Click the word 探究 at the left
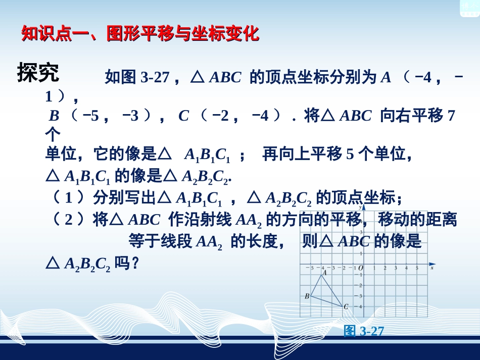(x=38, y=73)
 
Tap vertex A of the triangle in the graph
(x=321, y=276)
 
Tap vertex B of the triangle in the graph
(x=310, y=296)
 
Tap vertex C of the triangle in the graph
(x=342, y=306)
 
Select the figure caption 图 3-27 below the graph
(x=364, y=331)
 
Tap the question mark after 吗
(x=134, y=263)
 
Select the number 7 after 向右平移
(x=452, y=116)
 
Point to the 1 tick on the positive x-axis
(x=374, y=268)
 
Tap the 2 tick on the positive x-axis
(x=385, y=268)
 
